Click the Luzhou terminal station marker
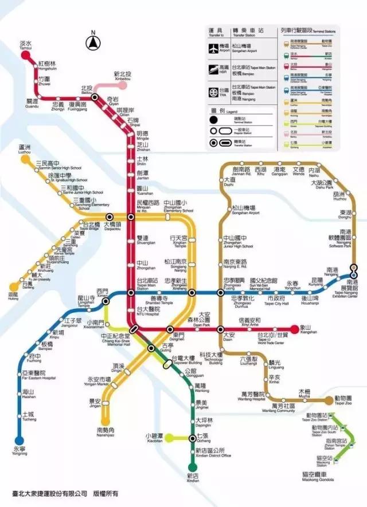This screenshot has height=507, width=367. (25, 160)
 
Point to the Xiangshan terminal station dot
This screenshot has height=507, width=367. (295, 329)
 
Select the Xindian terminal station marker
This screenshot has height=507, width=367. (193, 467)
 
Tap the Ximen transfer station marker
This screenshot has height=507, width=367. (106, 301)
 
